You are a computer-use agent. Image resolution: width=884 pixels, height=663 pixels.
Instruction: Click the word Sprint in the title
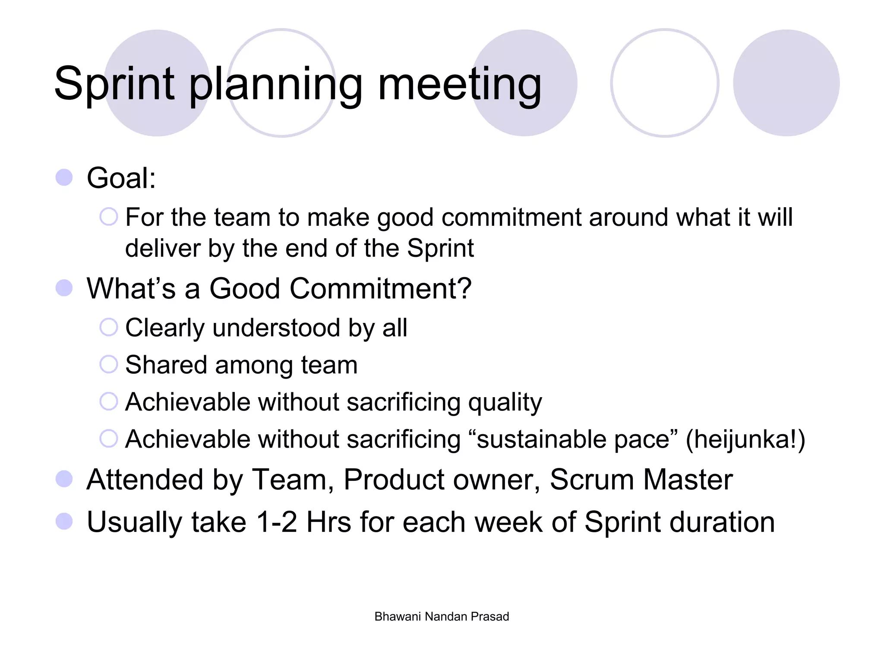pyautogui.click(x=114, y=84)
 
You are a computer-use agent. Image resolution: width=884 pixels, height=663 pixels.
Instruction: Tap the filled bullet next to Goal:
pyautogui.click(x=64, y=177)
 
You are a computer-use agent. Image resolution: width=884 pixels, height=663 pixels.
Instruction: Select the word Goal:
pyautogui.click(x=121, y=178)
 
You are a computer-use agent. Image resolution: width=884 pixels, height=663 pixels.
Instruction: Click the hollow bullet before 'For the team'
pyautogui.click(x=108, y=217)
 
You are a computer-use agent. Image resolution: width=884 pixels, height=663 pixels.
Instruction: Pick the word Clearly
pyautogui.click(x=164, y=328)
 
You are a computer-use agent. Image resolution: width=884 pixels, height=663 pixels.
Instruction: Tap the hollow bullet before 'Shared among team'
pyautogui.click(x=108, y=364)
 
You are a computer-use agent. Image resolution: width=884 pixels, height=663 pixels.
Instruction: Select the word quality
pyautogui.click(x=505, y=402)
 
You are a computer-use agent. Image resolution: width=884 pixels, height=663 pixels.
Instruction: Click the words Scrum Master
pyautogui.click(x=641, y=480)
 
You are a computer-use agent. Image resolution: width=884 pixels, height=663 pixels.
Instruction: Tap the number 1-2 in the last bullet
pyautogui.click(x=276, y=522)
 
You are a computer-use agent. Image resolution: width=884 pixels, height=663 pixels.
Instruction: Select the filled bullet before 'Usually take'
pyautogui.click(x=64, y=521)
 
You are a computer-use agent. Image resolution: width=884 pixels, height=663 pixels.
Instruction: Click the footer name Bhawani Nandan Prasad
pyautogui.click(x=442, y=616)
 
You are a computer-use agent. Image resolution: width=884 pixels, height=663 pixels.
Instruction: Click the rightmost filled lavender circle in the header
pyautogui.click(x=786, y=83)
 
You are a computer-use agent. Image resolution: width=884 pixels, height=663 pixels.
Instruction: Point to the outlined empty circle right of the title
pyautogui.click(x=664, y=83)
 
